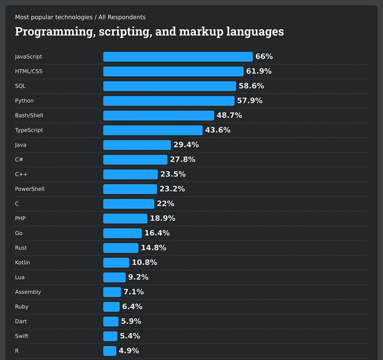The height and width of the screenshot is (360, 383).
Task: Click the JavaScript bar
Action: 178,56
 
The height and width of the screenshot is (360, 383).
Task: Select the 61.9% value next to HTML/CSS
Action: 259,71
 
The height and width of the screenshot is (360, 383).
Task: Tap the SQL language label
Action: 20,86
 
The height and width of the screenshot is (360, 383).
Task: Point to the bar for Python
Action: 169,101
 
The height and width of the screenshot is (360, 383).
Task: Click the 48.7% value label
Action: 229,115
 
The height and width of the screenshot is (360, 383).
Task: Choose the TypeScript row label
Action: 29,130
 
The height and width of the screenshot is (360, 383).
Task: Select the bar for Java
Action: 137,145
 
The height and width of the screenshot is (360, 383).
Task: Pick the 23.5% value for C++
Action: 173,174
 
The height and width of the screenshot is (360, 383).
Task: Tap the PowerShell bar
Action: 130,189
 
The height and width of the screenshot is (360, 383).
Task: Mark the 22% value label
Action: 165,204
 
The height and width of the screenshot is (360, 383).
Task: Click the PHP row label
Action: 20,218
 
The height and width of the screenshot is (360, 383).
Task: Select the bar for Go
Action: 122,233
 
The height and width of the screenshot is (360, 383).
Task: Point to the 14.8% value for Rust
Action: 153,248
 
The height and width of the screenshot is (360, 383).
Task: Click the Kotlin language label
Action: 22,263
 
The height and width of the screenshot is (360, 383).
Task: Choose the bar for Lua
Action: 114,277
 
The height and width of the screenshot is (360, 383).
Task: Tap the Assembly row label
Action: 28,292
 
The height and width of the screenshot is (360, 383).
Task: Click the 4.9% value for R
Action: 129,351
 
